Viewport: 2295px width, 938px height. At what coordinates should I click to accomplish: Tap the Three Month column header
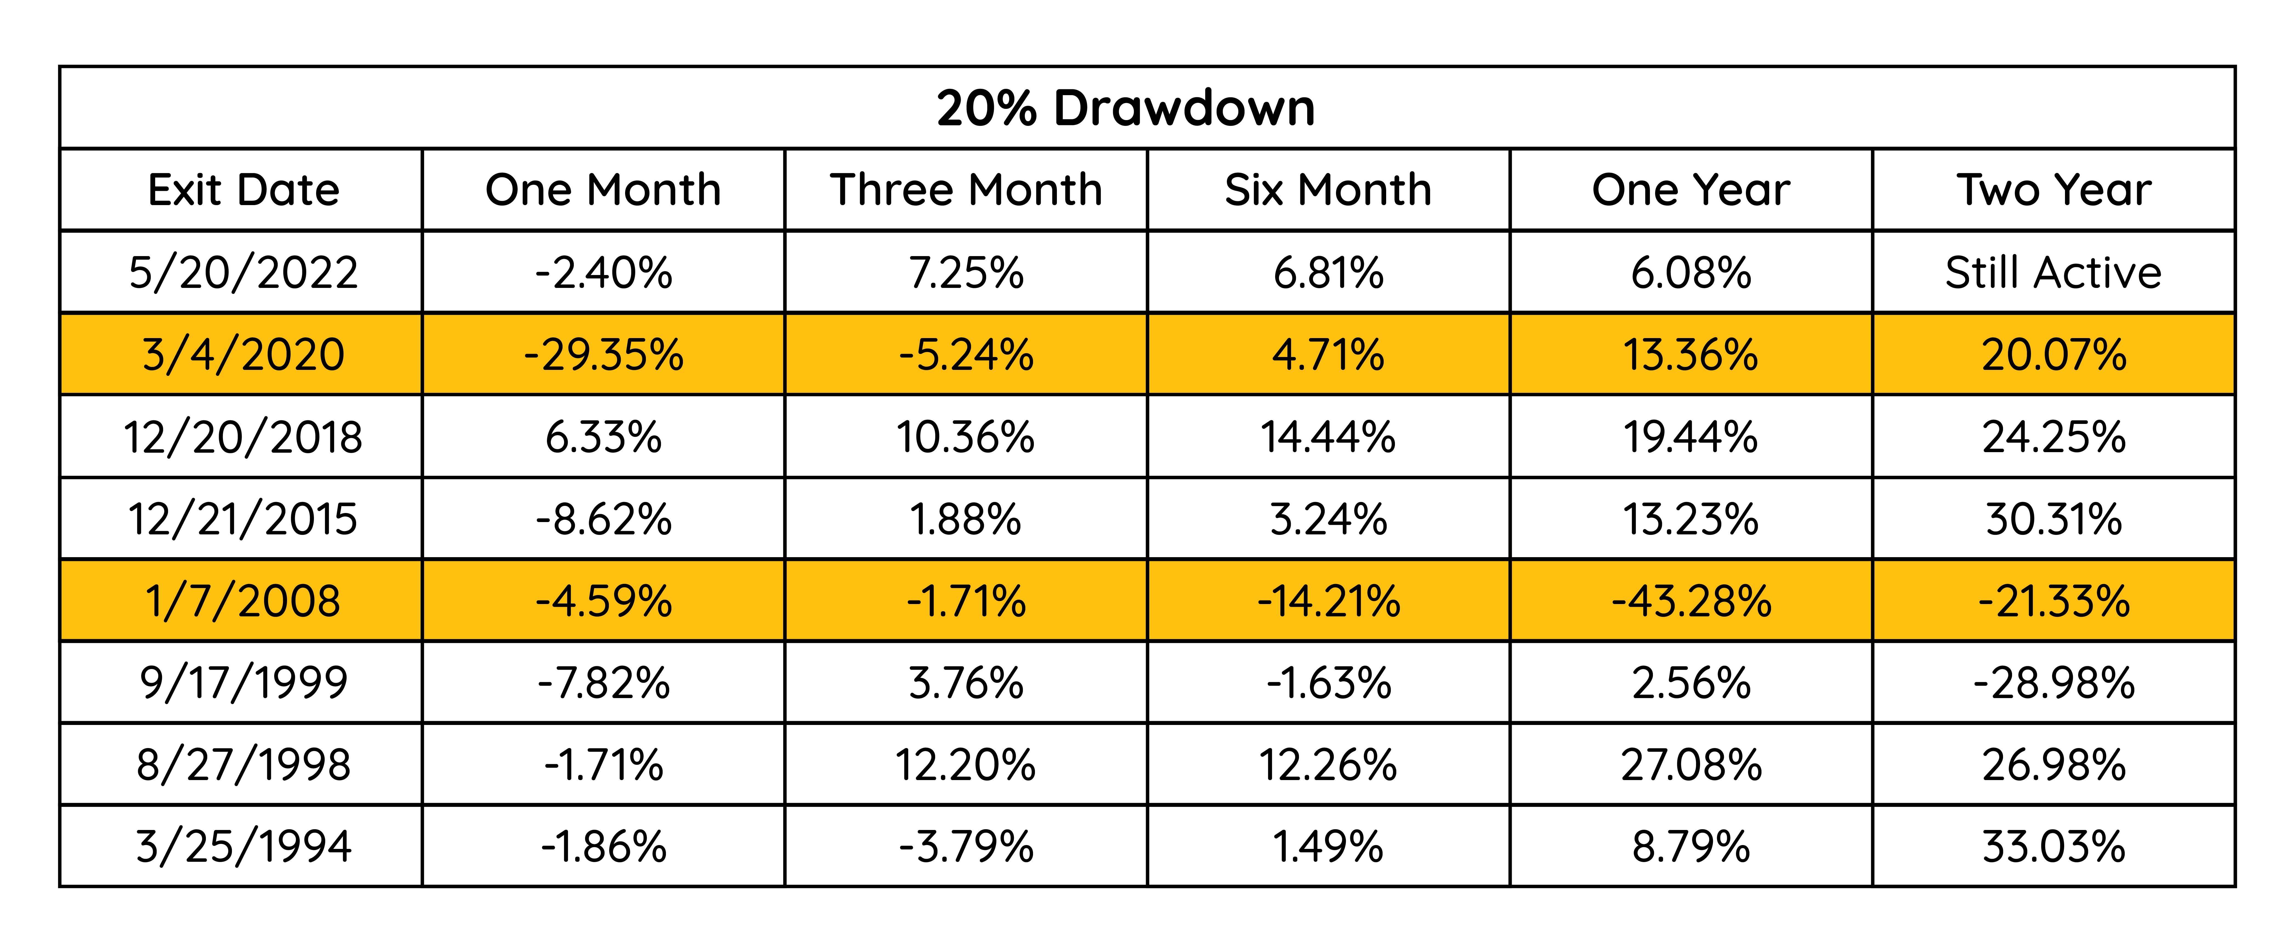coord(967,190)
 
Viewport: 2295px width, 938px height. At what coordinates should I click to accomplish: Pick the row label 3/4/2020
coord(243,355)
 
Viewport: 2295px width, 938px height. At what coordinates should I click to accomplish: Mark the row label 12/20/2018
coord(243,437)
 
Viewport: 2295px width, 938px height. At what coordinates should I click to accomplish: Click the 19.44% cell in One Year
coord(1691,437)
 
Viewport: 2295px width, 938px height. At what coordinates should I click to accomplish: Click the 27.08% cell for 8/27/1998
coord(1691,765)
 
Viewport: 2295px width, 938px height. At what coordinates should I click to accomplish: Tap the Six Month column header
coord(1328,190)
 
